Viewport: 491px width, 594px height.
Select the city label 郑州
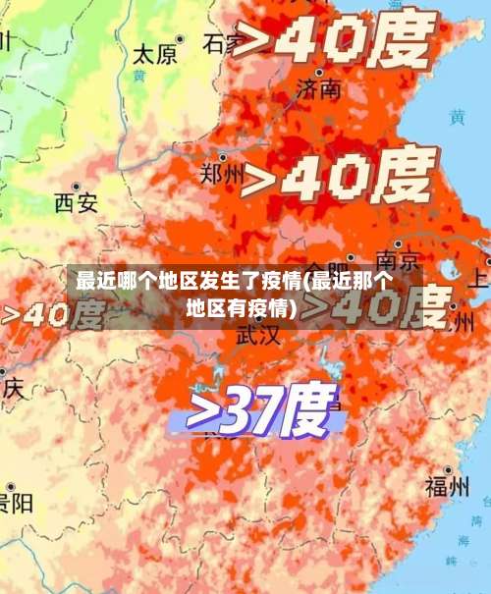[223, 175]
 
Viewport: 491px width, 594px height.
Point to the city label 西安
[76, 202]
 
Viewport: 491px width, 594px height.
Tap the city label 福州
[447, 486]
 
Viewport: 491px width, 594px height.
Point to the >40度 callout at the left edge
[51, 314]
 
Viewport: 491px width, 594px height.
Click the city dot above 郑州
[223, 156]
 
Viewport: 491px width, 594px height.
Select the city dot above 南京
[398, 243]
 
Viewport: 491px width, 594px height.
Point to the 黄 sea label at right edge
[457, 117]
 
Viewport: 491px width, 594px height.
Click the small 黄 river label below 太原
[139, 75]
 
